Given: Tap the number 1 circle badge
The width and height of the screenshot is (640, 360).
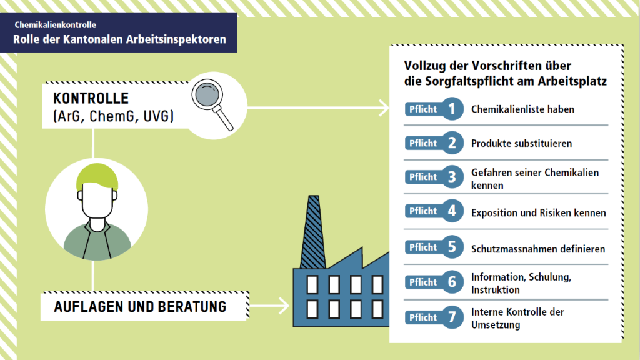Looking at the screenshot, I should point(451,109).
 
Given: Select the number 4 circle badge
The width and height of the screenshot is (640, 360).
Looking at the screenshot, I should point(451,212).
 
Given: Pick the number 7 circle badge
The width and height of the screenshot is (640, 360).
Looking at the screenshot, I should point(451,317).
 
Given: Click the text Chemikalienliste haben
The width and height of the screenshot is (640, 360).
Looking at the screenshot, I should point(522,109).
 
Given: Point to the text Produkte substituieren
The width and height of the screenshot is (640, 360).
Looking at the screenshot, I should point(521,143).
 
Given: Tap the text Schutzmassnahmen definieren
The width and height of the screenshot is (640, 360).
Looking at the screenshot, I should point(538,249).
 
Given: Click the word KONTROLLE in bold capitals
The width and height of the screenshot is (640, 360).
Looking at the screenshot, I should point(91,99).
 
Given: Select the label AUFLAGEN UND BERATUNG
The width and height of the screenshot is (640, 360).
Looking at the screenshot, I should point(140,307).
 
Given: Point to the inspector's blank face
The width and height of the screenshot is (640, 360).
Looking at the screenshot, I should point(97,200).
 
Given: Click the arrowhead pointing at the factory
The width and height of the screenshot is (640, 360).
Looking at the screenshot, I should point(285,307).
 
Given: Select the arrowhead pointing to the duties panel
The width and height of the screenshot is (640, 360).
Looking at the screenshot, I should point(382,108).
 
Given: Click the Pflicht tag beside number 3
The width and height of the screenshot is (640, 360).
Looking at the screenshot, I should point(422,177).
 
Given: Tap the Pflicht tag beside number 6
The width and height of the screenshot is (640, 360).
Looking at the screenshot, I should point(422,282).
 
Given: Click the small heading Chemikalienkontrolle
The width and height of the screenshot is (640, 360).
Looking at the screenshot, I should point(56,26).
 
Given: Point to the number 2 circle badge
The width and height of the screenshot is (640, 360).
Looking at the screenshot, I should point(451,143).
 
